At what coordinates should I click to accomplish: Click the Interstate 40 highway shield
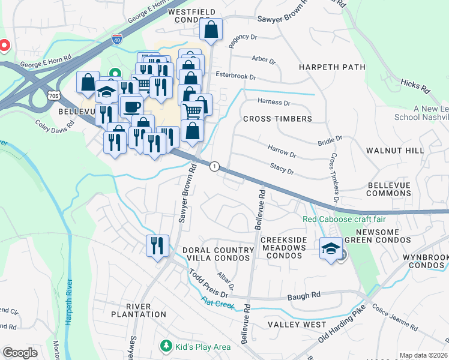(117, 40)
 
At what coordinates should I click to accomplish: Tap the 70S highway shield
(53, 95)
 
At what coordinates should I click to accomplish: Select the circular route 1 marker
(214, 166)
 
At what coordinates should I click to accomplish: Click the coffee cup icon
(131, 106)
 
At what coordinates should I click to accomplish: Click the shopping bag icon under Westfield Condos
(211, 29)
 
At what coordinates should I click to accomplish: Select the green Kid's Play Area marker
(166, 346)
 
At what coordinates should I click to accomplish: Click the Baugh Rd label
(304, 295)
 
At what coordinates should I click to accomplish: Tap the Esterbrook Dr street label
(236, 77)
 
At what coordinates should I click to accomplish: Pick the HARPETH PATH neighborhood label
(331, 67)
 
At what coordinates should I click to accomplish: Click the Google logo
(20, 353)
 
